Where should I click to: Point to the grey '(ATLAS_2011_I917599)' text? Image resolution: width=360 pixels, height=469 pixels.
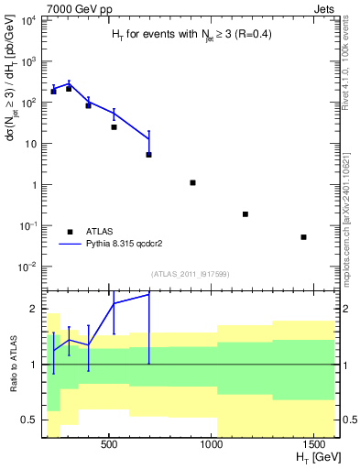[x=189, y=274]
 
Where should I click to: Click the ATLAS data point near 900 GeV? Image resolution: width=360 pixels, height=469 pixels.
[x=193, y=182]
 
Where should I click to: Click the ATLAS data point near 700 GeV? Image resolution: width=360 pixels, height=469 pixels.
[x=148, y=155]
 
